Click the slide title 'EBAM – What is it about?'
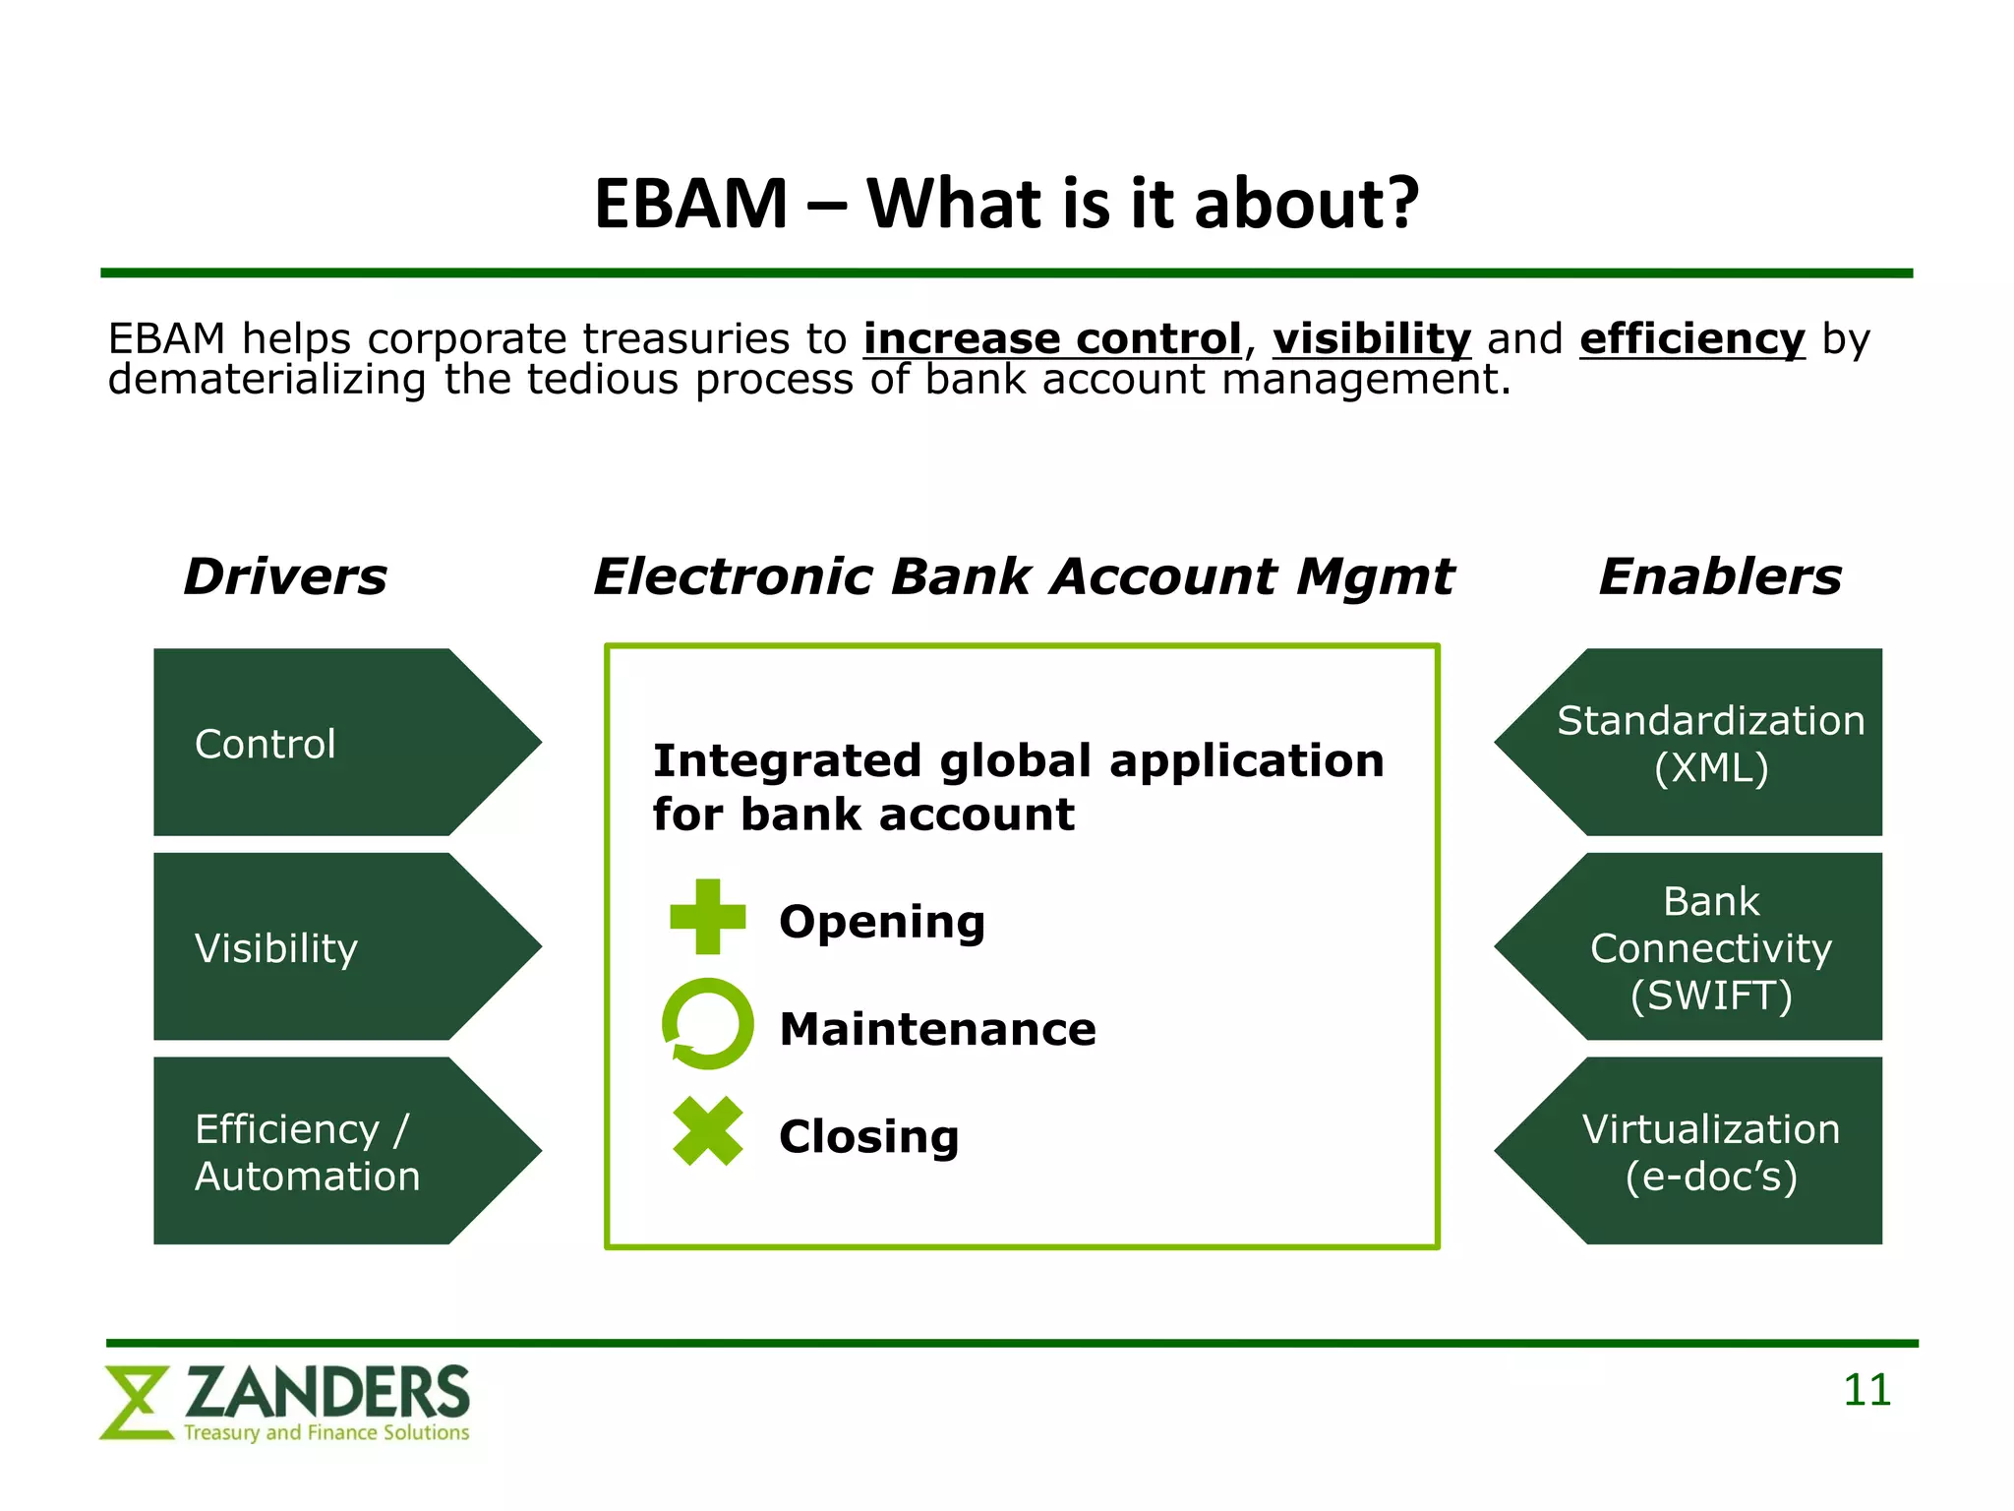1006,204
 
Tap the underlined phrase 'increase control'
1052,339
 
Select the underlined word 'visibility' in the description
1372,339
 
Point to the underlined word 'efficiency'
1691,339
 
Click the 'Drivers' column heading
285,576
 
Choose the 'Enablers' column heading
1719,576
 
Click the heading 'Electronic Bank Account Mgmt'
1023,576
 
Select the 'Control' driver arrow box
325,743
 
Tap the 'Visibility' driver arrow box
325,947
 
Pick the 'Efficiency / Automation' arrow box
325,1152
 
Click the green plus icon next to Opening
707,917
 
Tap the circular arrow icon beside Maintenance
707,1024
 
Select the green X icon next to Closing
707,1131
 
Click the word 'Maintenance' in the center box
937,1030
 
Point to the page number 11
1866,1391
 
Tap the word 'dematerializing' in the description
267,381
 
